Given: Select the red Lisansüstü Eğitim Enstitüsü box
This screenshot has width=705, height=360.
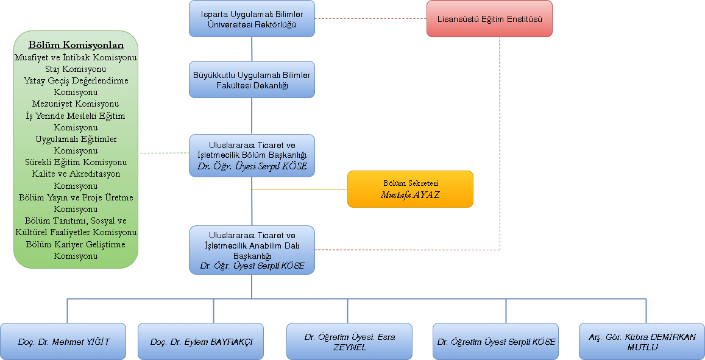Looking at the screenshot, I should coord(490,18).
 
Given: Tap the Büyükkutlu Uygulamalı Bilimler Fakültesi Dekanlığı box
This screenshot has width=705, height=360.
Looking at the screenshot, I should coord(252,80).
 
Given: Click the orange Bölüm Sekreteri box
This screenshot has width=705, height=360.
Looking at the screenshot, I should coord(410,189).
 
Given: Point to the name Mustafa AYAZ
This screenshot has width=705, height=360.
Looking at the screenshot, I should coord(410,195).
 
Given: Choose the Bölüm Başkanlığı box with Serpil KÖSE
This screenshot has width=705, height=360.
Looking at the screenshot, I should coord(252,156).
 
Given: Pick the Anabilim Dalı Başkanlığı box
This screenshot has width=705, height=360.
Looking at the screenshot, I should coord(252,250).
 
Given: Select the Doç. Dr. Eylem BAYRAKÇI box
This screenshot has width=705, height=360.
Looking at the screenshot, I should coord(201,342).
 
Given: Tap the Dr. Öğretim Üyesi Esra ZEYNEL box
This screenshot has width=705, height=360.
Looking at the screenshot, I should coord(349,342).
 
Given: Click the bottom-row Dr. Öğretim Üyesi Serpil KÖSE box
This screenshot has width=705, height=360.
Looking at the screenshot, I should coord(496,342).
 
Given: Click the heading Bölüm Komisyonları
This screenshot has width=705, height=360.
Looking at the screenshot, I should coord(76,46).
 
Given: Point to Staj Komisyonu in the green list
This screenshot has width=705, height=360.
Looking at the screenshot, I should coord(76,69).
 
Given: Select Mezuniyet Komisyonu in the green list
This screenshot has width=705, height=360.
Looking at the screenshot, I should coord(76,104).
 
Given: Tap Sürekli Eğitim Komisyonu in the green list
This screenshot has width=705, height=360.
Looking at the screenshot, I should coord(76,162).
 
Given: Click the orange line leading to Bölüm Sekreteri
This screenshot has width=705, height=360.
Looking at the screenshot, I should coord(299,189).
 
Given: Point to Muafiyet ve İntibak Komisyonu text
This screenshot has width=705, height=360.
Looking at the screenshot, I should coord(76,57).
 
